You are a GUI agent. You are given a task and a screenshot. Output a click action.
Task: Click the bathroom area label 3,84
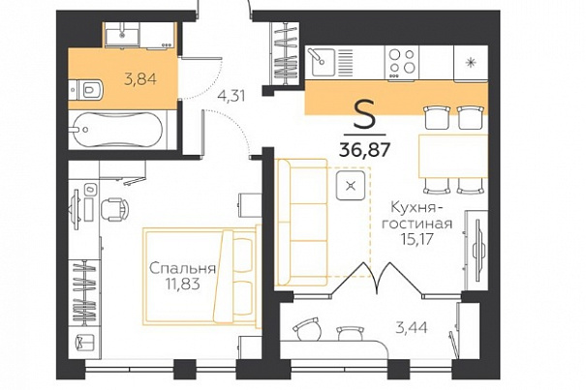point(140,79)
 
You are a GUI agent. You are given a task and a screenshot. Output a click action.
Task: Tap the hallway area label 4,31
point(231,96)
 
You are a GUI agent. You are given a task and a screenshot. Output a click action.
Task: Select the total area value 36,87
point(365,150)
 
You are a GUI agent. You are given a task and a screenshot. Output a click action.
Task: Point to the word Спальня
point(183,268)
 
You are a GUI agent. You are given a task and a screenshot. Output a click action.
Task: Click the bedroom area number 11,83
point(183,285)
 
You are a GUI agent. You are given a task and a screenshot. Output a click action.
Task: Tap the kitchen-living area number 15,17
point(416,238)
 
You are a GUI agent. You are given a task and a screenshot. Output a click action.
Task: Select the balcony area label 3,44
point(412,328)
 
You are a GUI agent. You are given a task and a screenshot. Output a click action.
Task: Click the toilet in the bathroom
point(86,90)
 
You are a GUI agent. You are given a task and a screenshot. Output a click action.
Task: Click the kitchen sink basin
point(321,62)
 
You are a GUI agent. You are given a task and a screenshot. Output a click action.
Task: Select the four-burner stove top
point(402,62)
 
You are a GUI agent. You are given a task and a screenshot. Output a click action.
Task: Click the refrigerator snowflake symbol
point(471,62)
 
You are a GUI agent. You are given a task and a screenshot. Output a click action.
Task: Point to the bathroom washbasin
point(122,35)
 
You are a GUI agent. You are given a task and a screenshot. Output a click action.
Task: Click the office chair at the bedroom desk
point(114,209)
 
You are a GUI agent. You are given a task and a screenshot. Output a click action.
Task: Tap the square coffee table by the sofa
point(351,185)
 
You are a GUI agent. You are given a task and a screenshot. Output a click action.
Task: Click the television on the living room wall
point(478,250)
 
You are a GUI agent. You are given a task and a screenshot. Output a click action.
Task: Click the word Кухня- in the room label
point(414,208)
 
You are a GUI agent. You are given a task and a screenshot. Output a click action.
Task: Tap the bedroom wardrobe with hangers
point(85,291)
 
